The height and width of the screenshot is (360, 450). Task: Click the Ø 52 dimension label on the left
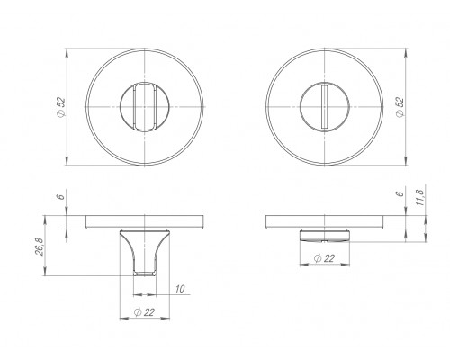pyautogui.click(x=61, y=107)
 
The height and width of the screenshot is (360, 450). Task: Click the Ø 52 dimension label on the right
pyautogui.click(x=400, y=107)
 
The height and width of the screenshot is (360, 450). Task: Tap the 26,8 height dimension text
pyautogui.click(x=40, y=247)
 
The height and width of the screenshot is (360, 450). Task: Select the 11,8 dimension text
pyautogui.click(x=420, y=198)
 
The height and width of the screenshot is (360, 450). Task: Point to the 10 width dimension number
pyautogui.click(x=180, y=289)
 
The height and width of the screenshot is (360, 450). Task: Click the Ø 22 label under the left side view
pyautogui.click(x=144, y=312)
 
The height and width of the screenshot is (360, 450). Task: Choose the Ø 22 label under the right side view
pyautogui.click(x=324, y=258)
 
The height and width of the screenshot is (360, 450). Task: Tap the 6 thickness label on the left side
pyautogui.click(x=61, y=197)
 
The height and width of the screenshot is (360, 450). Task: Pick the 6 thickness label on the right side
pyautogui.click(x=400, y=193)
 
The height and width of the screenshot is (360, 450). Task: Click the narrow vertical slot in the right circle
pyautogui.click(x=325, y=107)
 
